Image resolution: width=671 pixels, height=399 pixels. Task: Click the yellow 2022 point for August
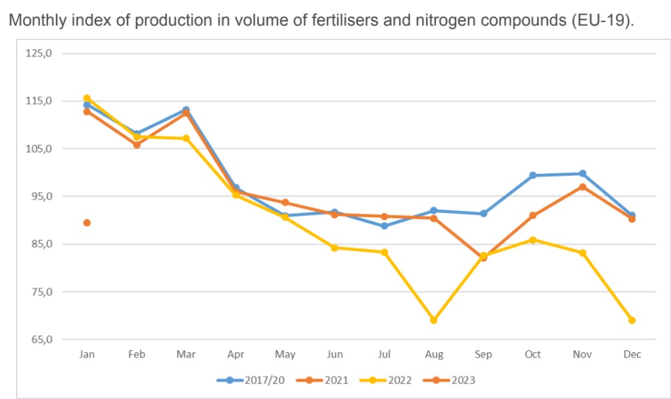point(434,320)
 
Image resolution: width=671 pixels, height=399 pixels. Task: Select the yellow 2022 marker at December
point(632,320)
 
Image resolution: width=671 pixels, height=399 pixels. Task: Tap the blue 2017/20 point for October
point(533,175)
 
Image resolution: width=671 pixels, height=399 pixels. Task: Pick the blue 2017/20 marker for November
point(582,173)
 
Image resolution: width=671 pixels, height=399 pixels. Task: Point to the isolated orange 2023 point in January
point(87,223)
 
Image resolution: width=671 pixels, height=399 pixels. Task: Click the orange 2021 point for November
point(582,187)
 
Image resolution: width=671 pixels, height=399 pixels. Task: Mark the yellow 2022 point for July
point(385,252)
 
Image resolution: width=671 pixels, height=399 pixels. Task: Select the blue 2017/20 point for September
point(483,214)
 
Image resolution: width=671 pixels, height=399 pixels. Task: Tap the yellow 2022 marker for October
point(533,240)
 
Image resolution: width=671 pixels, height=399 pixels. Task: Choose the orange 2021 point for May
point(285,202)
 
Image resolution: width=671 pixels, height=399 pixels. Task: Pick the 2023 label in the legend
point(462,380)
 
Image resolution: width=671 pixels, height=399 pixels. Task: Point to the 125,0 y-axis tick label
point(39,53)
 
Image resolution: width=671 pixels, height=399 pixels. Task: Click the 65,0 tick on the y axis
point(39,340)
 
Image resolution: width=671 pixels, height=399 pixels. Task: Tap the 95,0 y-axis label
point(39,196)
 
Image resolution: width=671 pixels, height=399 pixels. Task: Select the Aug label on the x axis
point(434,354)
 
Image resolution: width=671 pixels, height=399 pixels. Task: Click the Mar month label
point(186,354)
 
